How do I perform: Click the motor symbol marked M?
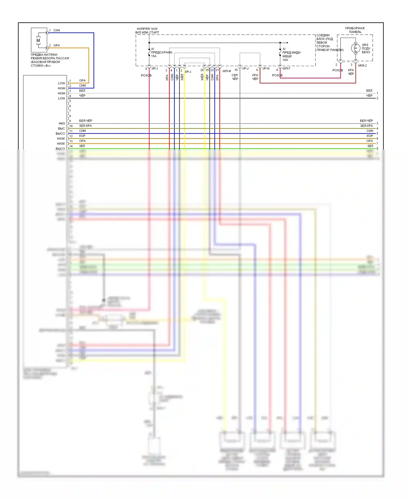[38, 40]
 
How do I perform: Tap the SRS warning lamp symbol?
[356, 48]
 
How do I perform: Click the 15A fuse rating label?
[154, 56]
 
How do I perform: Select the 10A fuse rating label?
[285, 60]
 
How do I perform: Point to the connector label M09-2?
[362, 66]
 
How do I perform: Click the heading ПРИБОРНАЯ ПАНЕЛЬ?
[355, 30]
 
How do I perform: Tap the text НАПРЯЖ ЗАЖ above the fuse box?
[147, 29]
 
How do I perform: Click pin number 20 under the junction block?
[202, 70]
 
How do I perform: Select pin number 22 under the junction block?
[212, 70]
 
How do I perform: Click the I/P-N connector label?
[266, 69]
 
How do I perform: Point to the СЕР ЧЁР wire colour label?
[235, 77]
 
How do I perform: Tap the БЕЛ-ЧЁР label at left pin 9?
[86, 121]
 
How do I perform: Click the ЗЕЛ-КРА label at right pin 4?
[366, 126]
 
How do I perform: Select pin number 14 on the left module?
[71, 146]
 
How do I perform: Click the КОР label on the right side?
[370, 136]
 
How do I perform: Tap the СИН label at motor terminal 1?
[57, 30]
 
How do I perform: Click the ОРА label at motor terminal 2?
[56, 46]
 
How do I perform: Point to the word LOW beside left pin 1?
[61, 83]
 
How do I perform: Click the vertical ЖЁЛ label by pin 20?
[202, 77]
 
